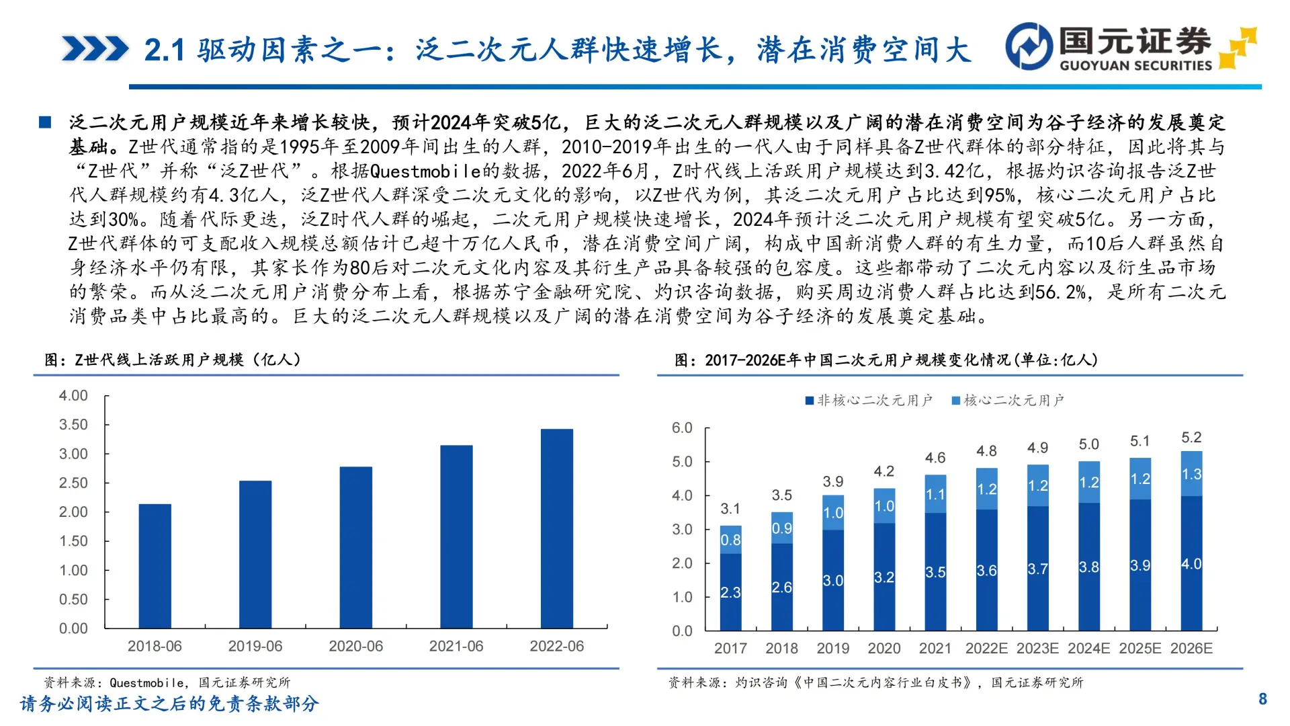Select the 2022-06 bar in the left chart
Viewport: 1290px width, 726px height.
click(556, 528)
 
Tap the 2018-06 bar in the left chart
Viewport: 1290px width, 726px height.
click(155, 566)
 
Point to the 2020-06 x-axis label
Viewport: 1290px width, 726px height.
click(355, 646)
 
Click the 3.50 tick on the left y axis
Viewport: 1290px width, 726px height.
click(73, 425)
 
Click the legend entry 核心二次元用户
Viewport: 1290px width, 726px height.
click(1007, 401)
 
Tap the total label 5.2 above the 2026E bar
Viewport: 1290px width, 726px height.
click(1191, 438)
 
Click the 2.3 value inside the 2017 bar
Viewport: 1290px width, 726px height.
click(730, 592)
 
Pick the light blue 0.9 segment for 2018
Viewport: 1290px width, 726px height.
click(781, 528)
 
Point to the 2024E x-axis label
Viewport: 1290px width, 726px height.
click(1088, 649)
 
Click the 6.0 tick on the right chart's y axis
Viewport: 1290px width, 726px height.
click(682, 428)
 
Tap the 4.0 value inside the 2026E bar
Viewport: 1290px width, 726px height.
click(1191, 564)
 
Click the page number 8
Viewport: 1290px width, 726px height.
click(1262, 699)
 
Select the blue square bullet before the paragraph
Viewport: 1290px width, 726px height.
click(45, 122)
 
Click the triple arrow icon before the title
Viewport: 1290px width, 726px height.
click(95, 49)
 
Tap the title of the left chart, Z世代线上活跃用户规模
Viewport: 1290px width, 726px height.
click(173, 360)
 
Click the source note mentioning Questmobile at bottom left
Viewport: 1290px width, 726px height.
click(167, 682)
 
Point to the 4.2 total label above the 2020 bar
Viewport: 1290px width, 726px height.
click(884, 471)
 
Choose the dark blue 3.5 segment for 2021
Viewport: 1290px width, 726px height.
click(935, 572)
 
